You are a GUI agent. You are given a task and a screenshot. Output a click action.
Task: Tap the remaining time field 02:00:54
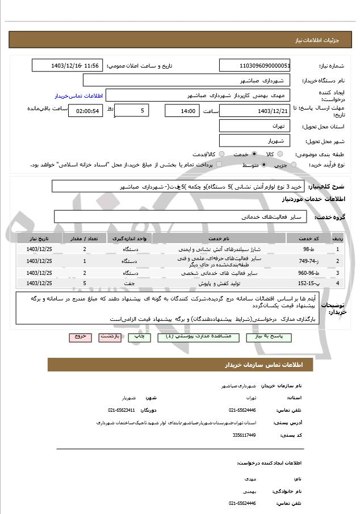pos(85,111)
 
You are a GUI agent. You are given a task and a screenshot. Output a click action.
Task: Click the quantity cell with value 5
pos(85,283)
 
